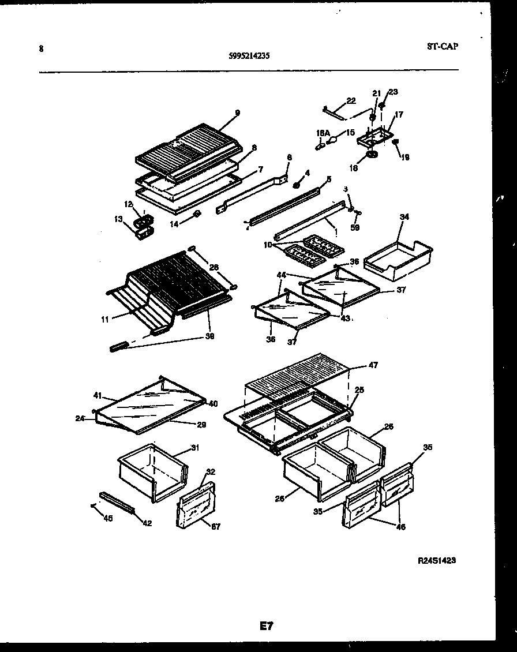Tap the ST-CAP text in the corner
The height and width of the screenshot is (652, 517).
(443, 46)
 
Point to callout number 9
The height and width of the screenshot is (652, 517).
(237, 113)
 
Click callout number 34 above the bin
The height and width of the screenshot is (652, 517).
(404, 217)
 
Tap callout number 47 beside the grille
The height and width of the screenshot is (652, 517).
(373, 365)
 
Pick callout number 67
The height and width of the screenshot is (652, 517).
(215, 526)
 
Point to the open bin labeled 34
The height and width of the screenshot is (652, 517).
(398, 254)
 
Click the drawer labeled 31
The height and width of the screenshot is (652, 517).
(151, 470)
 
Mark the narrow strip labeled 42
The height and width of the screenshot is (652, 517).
(117, 502)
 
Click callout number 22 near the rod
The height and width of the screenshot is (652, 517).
(351, 102)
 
